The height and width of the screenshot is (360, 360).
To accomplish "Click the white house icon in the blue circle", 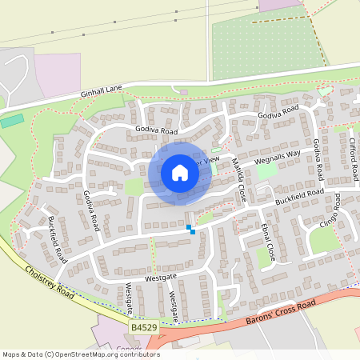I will pyautogui.click(x=180, y=172).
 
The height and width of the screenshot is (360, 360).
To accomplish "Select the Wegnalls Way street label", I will pyautogui.click(x=277, y=154).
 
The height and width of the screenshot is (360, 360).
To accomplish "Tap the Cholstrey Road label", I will pyautogui.click(x=50, y=283).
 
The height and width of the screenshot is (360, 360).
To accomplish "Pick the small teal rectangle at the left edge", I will pyautogui.click(x=11, y=122).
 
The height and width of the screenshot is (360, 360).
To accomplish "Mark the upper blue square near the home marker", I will pyautogui.click(x=189, y=227).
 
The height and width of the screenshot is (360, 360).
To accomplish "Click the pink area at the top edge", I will pyautogui.click(x=279, y=5).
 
